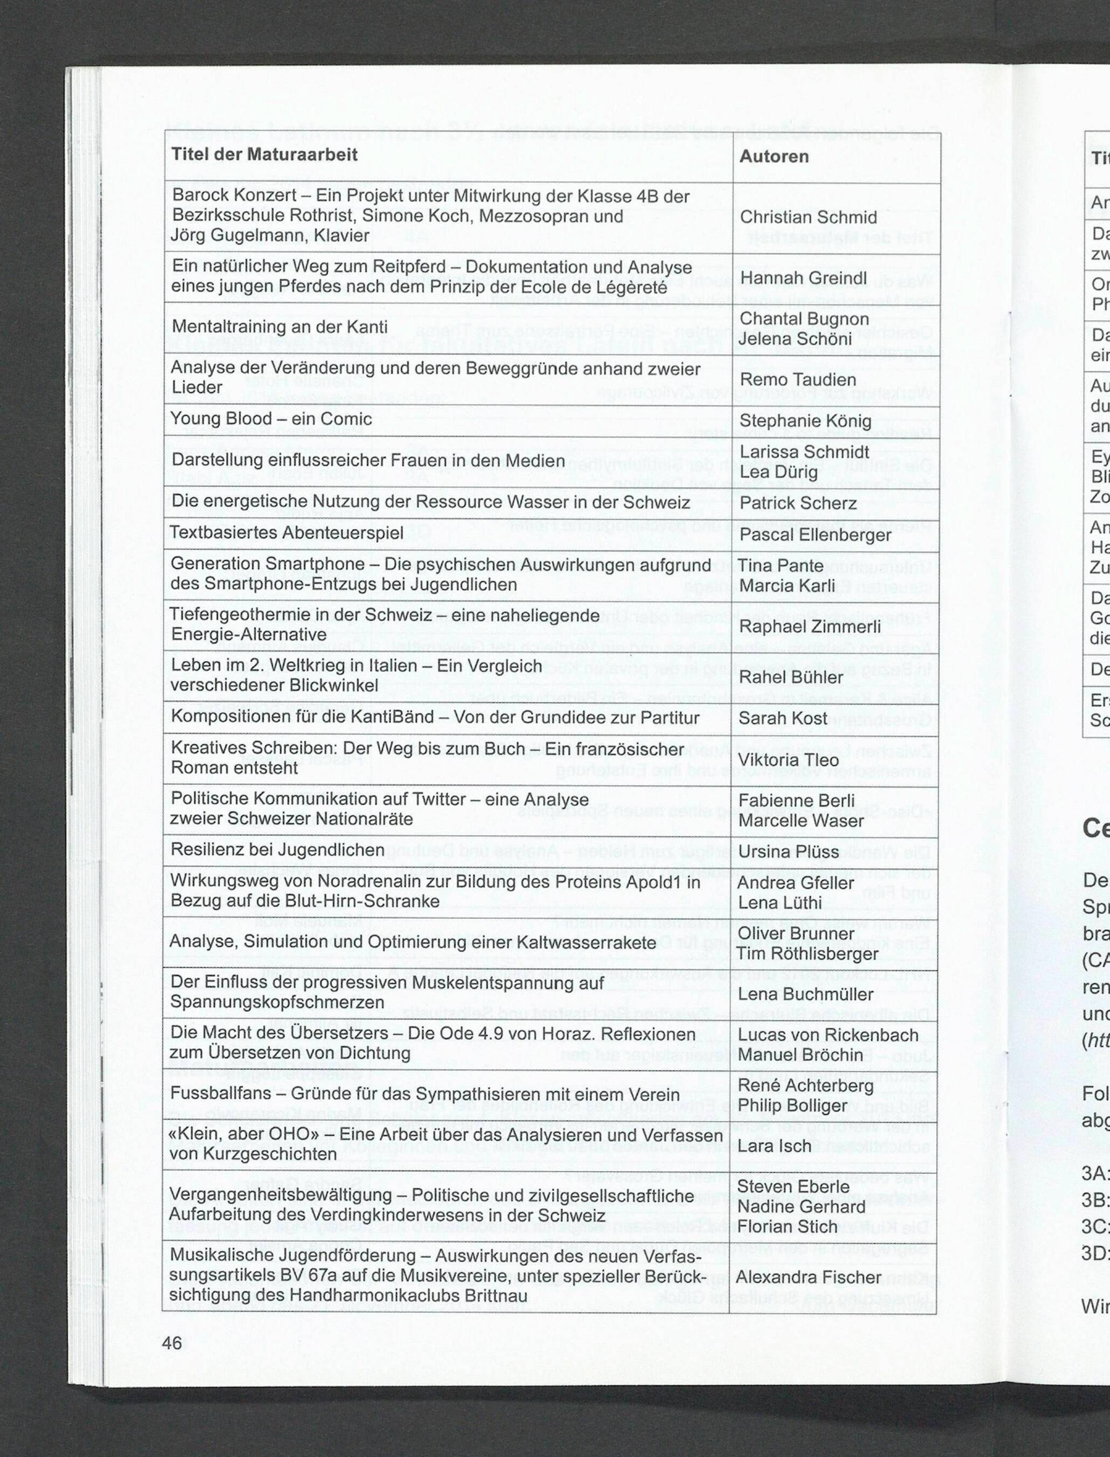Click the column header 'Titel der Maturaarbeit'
point(264,155)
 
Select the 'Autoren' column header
point(774,157)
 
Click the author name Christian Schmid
point(808,218)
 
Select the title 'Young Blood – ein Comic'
point(271,419)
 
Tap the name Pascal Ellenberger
point(815,534)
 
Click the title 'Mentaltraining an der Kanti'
point(280,327)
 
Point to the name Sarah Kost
point(783,718)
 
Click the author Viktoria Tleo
point(788,760)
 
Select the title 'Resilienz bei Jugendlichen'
point(277,850)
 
